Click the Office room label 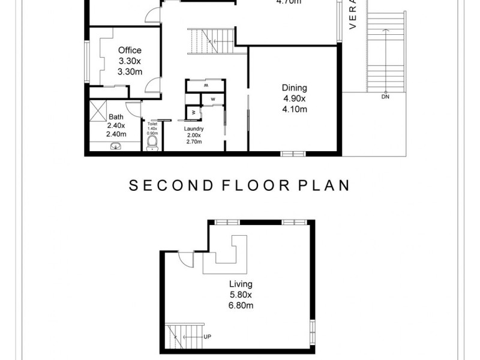coord(130,50)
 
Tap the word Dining coord(294,88)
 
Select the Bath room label coord(116,116)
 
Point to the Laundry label coord(194,128)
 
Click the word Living coord(241,284)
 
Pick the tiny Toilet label coord(152,124)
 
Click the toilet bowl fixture coord(152,142)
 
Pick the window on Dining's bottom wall coord(294,154)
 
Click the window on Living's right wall coord(312,331)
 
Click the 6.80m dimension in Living coord(241,305)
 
